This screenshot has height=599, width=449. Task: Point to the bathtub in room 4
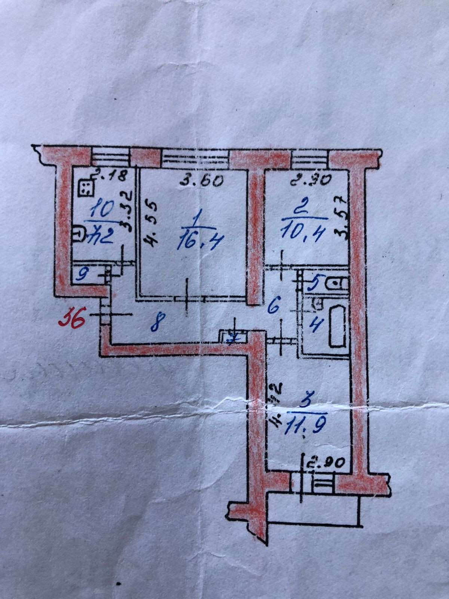coord(336,325)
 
